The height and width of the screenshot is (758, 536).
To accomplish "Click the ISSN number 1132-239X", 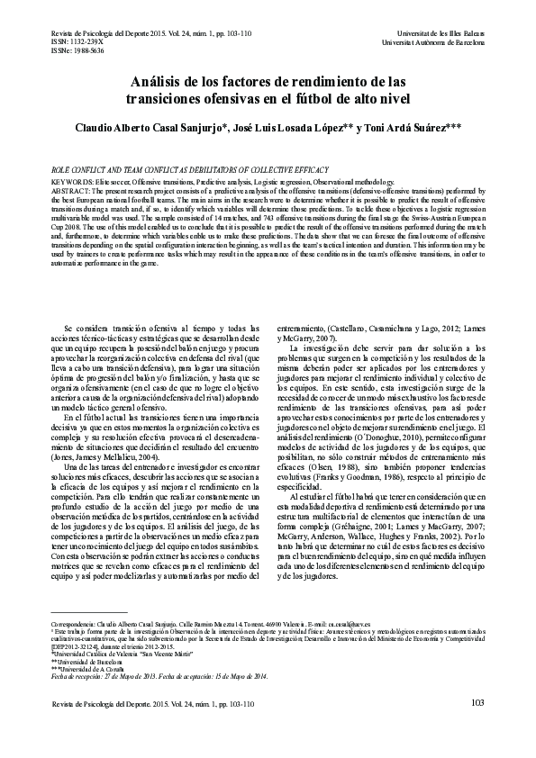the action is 71,42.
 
